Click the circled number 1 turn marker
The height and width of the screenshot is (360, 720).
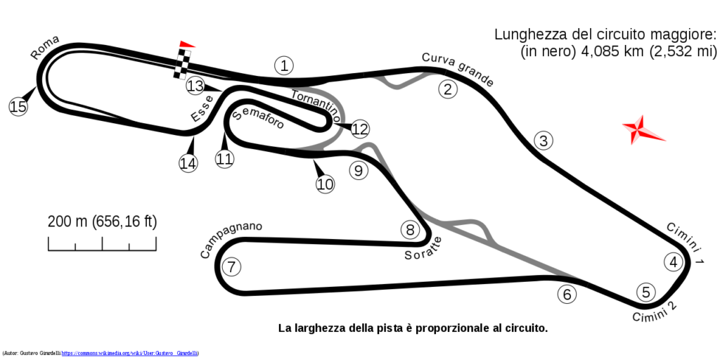click(284, 65)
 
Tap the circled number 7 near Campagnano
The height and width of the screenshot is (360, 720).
click(231, 266)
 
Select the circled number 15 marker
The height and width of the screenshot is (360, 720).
click(18, 107)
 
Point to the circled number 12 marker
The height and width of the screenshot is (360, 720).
click(360, 129)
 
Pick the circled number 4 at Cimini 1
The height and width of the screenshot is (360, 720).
click(673, 262)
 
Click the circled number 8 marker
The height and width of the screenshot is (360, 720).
click(410, 230)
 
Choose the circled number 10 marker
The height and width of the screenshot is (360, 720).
click(325, 184)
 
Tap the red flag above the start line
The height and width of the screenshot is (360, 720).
click(187, 44)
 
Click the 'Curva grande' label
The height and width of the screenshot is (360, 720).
click(458, 70)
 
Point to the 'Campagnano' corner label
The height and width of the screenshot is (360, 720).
click(231, 240)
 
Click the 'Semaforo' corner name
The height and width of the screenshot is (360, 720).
click(257, 119)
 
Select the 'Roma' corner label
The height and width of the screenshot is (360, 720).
click(45, 48)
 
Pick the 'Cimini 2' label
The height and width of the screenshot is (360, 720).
click(655, 311)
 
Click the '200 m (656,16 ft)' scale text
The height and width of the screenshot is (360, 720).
click(103, 221)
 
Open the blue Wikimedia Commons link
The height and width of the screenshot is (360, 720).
click(130, 353)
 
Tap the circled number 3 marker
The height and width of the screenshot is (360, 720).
click(544, 141)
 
